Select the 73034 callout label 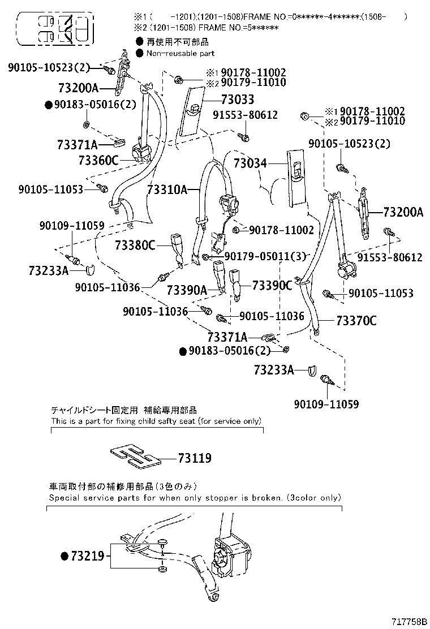[250, 164]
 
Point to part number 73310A [167, 190]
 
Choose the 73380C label [135, 245]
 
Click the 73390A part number [187, 290]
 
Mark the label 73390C [272, 285]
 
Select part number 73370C [356, 321]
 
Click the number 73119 [195, 458]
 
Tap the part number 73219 [87, 557]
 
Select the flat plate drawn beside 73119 [133, 456]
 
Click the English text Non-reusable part [180, 53]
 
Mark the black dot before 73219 [64, 557]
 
